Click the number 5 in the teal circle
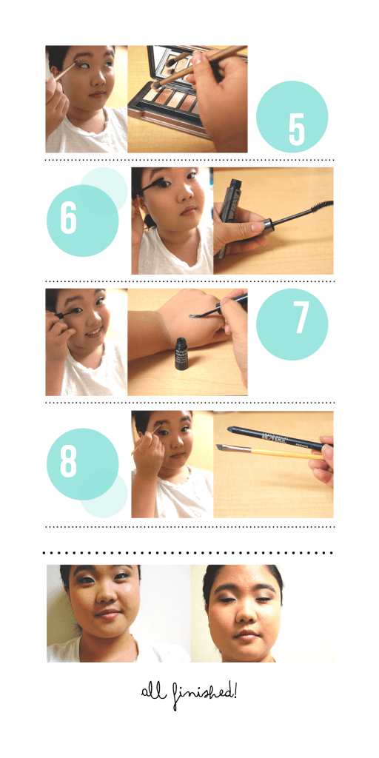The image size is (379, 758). pos(296,128)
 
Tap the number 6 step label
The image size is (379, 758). pos(69,219)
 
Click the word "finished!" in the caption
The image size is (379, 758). pos(208,694)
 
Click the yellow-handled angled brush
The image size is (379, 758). pos(266,452)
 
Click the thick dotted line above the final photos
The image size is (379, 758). pos(189,552)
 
